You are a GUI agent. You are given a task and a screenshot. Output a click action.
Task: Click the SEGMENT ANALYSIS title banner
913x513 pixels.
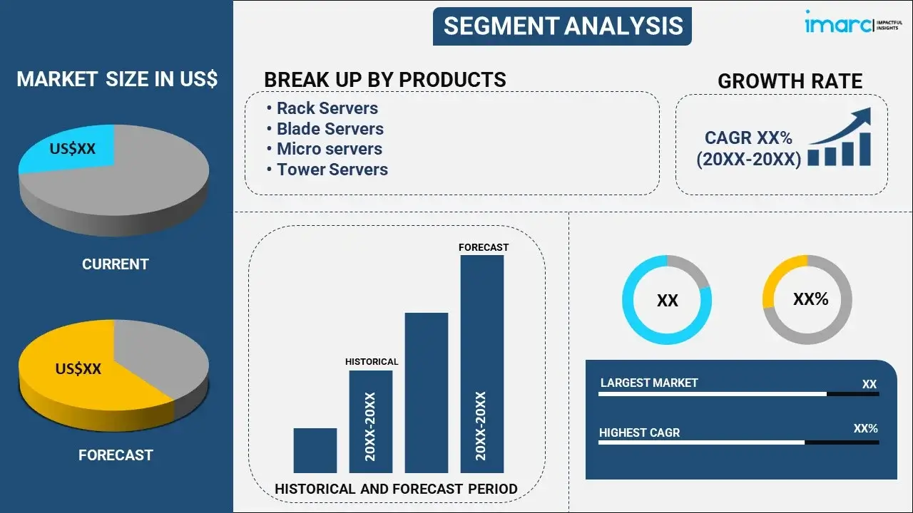click(563, 26)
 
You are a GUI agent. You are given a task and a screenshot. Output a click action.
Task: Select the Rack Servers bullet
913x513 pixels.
click(327, 108)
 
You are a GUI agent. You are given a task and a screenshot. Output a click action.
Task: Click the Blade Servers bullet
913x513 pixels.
click(330, 129)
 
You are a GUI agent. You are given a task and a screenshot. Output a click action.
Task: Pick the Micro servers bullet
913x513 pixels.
click(330, 149)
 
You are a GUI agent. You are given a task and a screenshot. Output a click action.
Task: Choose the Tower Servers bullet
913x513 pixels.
click(332, 170)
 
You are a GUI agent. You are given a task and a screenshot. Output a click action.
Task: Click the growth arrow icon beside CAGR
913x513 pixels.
click(840, 138)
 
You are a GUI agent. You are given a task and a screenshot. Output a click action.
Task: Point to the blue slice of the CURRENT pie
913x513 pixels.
click(71, 149)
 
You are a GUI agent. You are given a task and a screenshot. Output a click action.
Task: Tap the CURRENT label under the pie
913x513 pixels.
click(115, 264)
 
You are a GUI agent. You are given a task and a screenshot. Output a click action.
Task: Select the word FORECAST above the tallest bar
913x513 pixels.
click(484, 247)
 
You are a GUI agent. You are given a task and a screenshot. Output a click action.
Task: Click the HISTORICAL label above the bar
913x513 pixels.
click(372, 362)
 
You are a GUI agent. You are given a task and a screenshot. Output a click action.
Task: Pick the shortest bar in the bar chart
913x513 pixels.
click(315, 450)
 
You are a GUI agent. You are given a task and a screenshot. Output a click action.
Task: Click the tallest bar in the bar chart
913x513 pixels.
click(482, 363)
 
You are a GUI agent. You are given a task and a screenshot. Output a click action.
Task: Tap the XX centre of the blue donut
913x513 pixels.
click(667, 301)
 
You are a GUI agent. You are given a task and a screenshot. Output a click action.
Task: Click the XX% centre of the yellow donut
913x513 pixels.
click(810, 299)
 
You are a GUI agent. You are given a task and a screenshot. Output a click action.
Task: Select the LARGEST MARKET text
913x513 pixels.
click(649, 383)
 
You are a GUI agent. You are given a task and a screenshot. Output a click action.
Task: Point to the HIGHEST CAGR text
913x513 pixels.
click(639, 432)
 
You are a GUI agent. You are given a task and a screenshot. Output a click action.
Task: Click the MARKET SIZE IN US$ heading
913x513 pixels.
click(117, 79)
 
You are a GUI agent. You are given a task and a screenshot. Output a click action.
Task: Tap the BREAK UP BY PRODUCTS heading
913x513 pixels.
click(385, 80)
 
